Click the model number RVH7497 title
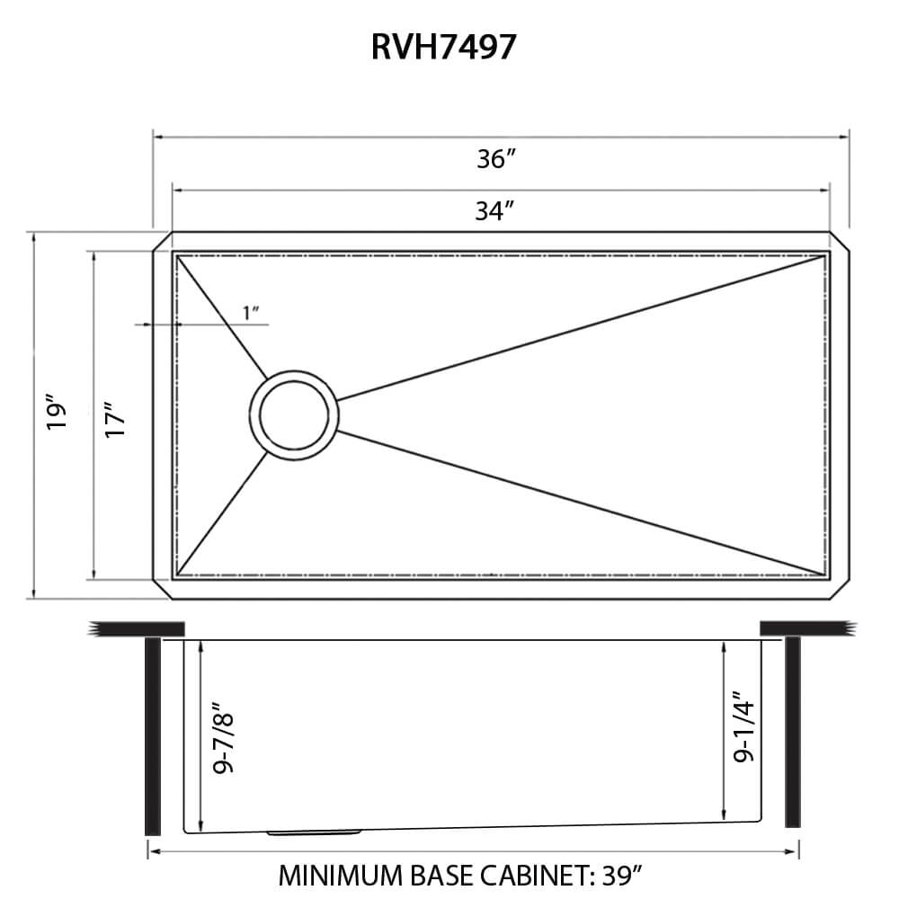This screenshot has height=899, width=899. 444,47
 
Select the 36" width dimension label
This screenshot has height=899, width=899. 495,159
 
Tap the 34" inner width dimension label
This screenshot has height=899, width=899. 494,211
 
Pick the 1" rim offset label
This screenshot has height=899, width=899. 251,313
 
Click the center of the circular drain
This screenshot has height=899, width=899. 294,414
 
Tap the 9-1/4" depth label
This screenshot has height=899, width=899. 743,728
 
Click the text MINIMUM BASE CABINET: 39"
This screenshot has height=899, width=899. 460,875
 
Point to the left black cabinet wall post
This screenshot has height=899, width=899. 152,735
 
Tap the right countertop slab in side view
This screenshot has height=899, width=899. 804,628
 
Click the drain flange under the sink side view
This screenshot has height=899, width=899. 315,832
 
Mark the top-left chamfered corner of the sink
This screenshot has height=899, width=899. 161,241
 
